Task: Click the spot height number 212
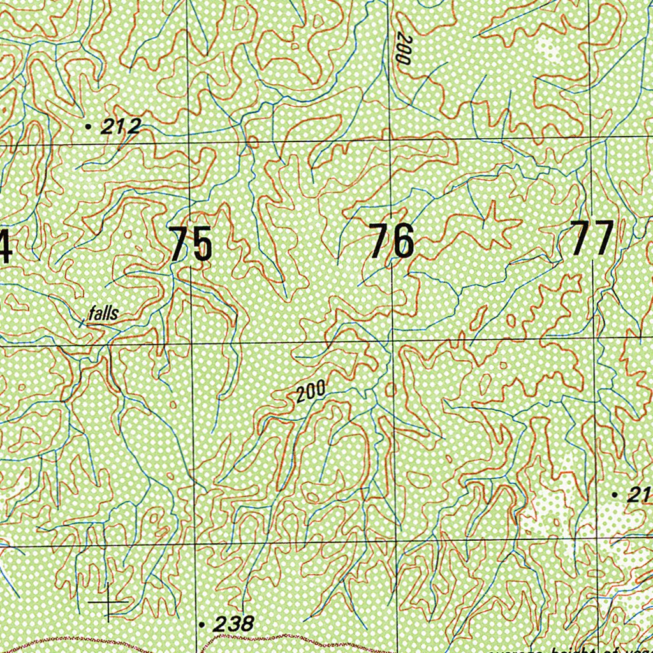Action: click(x=121, y=127)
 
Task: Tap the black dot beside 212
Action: click(x=88, y=127)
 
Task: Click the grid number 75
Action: click(x=191, y=244)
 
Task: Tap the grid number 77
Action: click(x=592, y=238)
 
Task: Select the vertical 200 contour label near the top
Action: click(x=401, y=48)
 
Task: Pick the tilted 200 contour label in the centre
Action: click(x=311, y=392)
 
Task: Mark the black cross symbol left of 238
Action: click(x=108, y=601)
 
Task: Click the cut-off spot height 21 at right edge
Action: click(x=638, y=495)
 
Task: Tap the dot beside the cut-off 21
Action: click(x=614, y=495)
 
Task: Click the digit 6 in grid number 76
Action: click(x=403, y=242)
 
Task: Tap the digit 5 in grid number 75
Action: click(x=202, y=244)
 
